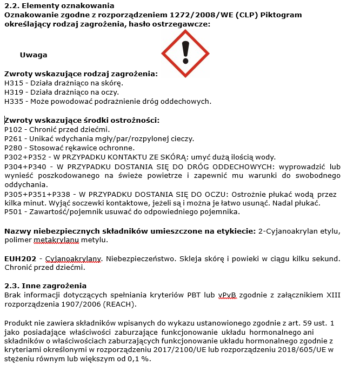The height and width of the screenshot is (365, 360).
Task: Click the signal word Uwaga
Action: (34, 55)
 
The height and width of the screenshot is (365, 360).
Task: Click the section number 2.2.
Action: (11, 5)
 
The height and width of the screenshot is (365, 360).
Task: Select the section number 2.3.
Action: (11, 286)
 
